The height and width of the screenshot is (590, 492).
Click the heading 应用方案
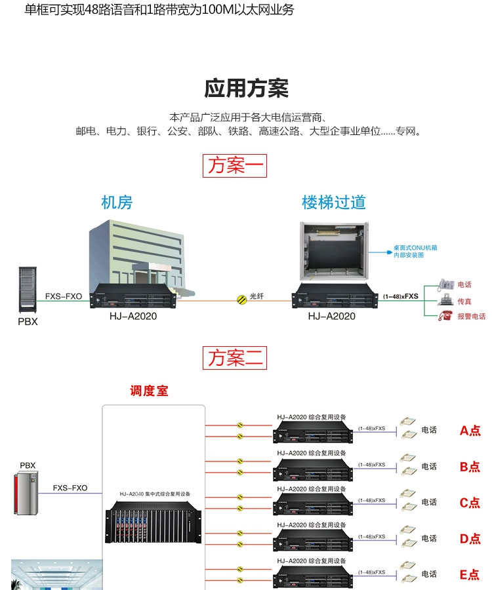246,88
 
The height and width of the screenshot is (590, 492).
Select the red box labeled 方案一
235,165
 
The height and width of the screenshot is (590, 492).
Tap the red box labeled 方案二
235,358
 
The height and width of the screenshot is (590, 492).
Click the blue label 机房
117,203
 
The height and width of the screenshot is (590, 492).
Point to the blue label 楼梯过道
333,203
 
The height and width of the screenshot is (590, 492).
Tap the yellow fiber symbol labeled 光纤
241,298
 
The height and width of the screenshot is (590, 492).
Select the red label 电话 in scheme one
464,285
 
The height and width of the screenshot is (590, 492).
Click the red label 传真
464,301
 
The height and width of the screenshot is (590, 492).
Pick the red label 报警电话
471,316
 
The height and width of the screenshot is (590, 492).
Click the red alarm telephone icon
445,315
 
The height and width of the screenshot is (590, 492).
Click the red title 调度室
149,391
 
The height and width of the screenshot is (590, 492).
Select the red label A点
470,431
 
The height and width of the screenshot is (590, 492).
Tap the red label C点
470,503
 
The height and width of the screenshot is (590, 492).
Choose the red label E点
470,575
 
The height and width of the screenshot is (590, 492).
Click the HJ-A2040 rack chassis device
154,524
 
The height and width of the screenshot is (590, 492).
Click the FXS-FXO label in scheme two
70,488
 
